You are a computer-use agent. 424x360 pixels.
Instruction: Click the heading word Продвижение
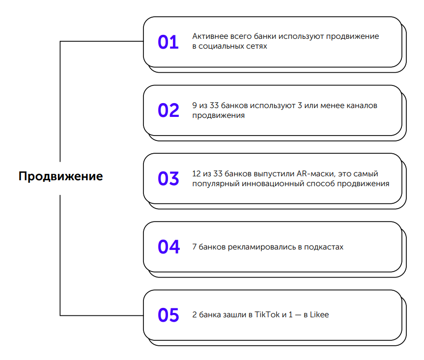point(60,176)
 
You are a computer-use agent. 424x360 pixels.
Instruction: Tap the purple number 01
point(168,42)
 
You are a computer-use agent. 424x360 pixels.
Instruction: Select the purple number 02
point(169,111)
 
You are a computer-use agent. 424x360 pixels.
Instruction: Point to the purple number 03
point(169,178)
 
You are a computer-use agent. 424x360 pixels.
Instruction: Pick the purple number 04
point(169,247)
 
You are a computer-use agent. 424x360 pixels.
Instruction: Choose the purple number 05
point(169,315)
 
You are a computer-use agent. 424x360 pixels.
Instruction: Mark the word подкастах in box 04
point(324,247)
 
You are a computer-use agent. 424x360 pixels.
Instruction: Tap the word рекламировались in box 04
point(262,247)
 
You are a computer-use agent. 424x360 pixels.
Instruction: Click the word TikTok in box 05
point(267,315)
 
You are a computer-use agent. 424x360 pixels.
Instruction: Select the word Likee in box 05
point(319,315)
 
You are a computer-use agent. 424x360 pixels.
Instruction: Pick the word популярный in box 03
point(216,184)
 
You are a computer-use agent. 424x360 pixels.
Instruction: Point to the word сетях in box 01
point(257,47)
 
